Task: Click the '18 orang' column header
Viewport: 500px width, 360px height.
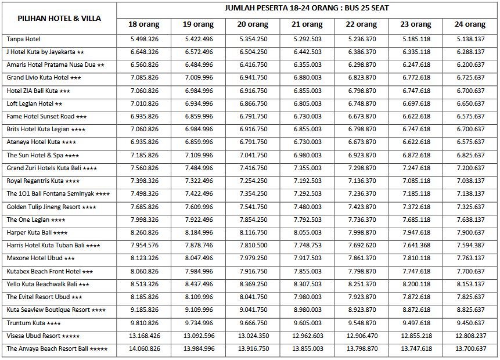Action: (143, 25)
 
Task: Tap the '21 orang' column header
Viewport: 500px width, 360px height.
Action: (307, 25)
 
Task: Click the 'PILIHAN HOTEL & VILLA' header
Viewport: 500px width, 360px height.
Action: (59, 18)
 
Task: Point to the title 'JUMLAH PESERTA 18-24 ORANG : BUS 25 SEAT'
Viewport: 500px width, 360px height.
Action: (307, 8)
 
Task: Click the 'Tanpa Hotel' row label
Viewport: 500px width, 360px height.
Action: (24, 39)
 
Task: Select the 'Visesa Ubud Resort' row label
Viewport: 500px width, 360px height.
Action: (43, 336)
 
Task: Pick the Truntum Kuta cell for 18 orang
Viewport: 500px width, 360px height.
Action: (143, 323)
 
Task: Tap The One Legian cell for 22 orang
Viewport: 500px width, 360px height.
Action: (362, 220)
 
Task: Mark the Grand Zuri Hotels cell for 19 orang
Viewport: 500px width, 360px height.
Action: (198, 168)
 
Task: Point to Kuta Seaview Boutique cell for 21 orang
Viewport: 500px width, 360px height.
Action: (307, 310)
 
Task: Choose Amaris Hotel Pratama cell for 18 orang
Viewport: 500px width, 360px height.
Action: (143, 65)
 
